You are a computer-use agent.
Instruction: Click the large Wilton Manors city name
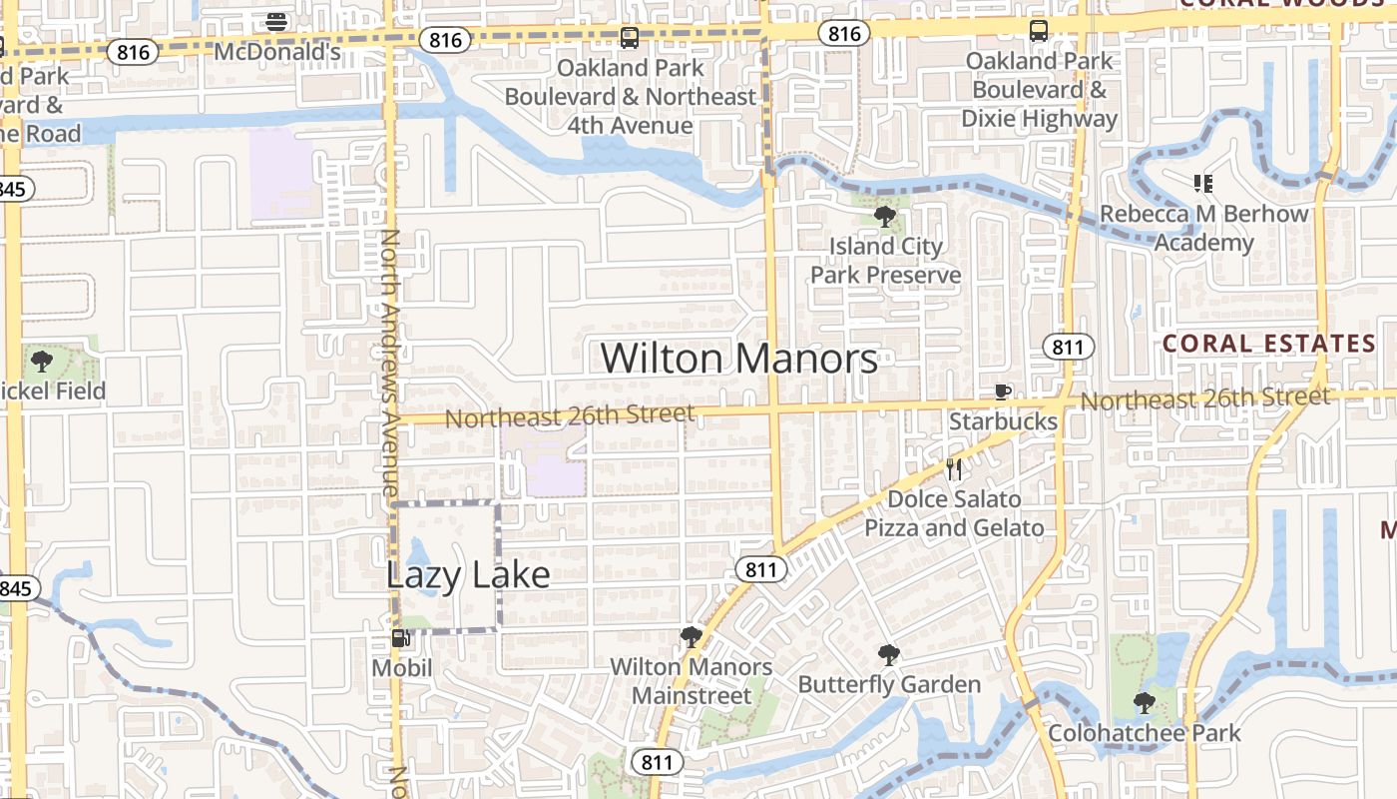point(739,359)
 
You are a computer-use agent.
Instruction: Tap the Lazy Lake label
point(467,574)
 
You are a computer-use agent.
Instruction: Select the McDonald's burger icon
point(277,21)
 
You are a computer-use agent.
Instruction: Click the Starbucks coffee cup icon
point(1003,393)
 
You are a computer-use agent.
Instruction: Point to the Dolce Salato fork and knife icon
point(954,469)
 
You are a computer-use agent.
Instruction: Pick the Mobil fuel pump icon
point(400,638)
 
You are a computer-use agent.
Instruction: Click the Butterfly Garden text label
point(889,685)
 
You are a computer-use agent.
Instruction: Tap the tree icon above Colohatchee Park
point(1145,704)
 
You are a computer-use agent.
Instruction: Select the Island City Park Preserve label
point(885,260)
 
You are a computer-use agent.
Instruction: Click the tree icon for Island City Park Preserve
point(884,216)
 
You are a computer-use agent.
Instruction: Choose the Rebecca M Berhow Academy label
point(1203,228)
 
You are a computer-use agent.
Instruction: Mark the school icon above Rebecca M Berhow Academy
point(1202,184)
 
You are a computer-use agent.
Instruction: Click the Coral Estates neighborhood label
point(1269,344)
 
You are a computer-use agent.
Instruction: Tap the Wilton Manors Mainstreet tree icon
point(690,637)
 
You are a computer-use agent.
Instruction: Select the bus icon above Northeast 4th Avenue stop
point(629,38)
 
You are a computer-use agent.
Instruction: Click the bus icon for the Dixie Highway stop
point(1039,31)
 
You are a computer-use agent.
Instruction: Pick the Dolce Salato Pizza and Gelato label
point(954,513)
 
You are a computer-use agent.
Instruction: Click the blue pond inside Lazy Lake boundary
point(420,567)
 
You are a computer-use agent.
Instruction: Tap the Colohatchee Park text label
point(1145,733)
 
